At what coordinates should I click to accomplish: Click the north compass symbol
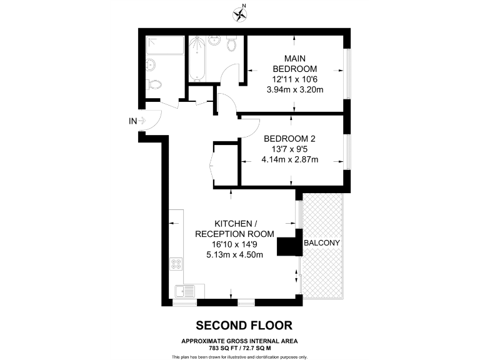pos(239,12)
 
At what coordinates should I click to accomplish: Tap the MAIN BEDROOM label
pos(294,63)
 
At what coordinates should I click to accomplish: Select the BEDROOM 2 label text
pos(289,138)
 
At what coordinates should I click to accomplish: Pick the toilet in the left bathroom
pos(155,84)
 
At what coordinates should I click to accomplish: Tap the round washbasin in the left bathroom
pos(151,64)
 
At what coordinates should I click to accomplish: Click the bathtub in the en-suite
pos(197,59)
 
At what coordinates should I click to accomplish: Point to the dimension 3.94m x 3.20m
pos(294,90)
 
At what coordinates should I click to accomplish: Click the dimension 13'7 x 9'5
pos(289,149)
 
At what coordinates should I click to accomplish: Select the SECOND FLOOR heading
pos(243,326)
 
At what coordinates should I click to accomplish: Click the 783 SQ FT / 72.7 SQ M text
pos(240,347)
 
